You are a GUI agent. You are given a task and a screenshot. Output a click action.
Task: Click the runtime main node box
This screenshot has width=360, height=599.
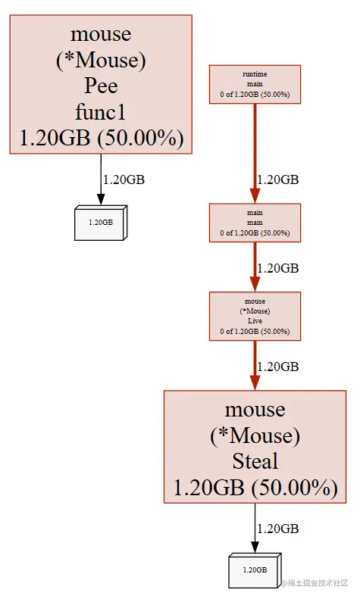point(255,84)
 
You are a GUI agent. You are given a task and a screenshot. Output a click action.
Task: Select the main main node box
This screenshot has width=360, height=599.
point(255,222)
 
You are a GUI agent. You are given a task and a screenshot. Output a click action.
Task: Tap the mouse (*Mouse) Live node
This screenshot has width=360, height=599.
point(255,317)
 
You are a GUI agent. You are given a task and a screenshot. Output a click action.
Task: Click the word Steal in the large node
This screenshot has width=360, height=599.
point(255,461)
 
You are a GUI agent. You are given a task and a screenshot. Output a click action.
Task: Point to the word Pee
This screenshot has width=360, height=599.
point(101,86)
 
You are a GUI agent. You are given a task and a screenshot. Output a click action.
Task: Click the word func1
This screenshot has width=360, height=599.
point(101,112)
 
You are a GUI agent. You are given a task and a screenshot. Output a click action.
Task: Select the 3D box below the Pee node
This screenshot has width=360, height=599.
point(101,222)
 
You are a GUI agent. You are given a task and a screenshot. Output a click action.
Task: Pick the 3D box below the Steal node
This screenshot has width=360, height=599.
point(255,569)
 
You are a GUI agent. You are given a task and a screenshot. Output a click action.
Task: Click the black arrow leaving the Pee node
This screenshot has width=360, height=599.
point(101,179)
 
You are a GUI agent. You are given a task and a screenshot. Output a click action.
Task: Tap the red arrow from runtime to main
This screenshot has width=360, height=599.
point(255,151)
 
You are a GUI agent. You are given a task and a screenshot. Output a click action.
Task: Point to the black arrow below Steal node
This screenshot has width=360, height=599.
point(255,528)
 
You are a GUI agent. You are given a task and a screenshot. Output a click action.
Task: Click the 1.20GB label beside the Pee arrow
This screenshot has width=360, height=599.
point(124,179)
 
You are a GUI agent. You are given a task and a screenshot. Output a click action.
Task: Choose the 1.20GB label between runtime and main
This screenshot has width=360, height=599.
point(278,179)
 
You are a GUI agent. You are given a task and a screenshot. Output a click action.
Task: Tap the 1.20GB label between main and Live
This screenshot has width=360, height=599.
point(278,268)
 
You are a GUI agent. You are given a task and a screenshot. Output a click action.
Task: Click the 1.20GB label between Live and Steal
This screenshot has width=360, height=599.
point(278,367)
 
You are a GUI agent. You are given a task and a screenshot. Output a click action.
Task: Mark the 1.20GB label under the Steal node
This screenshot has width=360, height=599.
point(278,528)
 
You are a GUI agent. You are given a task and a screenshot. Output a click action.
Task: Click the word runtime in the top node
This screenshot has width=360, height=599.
point(255,73)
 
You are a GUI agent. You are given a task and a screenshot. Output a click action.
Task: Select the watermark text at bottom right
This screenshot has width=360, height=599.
point(318,582)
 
